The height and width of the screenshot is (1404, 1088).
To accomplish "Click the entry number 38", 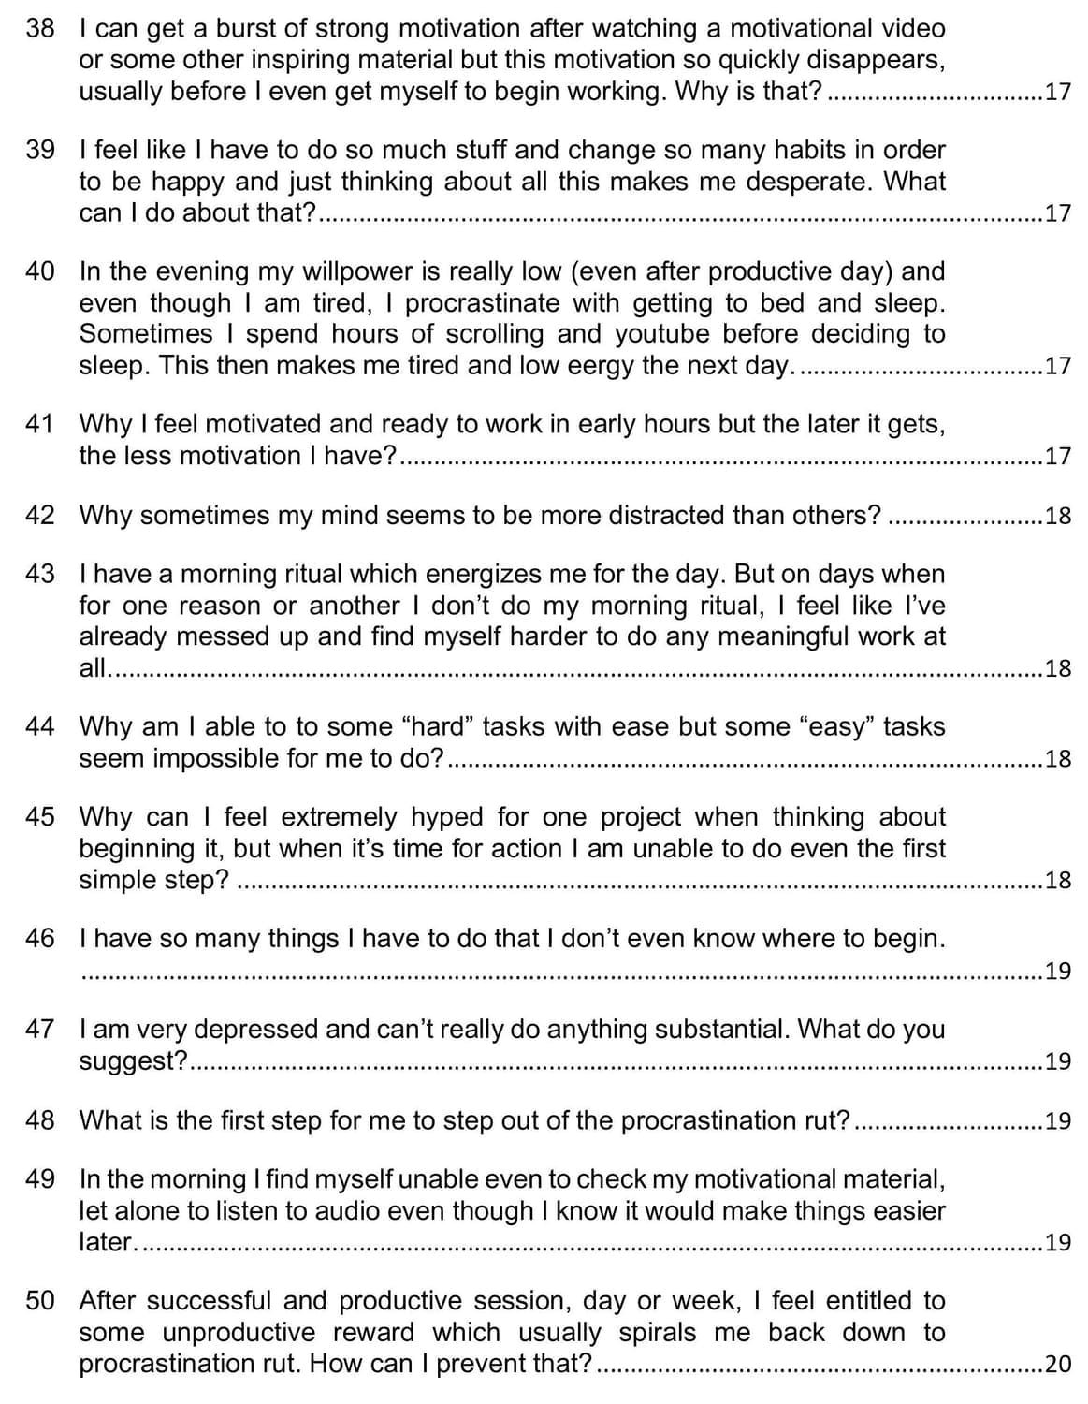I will click(x=40, y=28).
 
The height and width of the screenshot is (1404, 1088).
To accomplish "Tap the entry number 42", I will click(x=40, y=515).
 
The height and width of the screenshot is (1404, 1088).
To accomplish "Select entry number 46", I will click(x=40, y=938).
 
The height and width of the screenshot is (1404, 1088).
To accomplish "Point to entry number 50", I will click(x=40, y=1300).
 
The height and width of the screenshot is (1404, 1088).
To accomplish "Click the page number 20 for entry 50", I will click(x=1058, y=1364).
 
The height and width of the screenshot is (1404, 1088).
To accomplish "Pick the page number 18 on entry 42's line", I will click(x=1058, y=516).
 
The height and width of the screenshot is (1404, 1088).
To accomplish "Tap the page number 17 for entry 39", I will click(x=1058, y=213).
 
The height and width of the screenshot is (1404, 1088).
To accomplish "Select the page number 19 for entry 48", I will click(x=1058, y=1121).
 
